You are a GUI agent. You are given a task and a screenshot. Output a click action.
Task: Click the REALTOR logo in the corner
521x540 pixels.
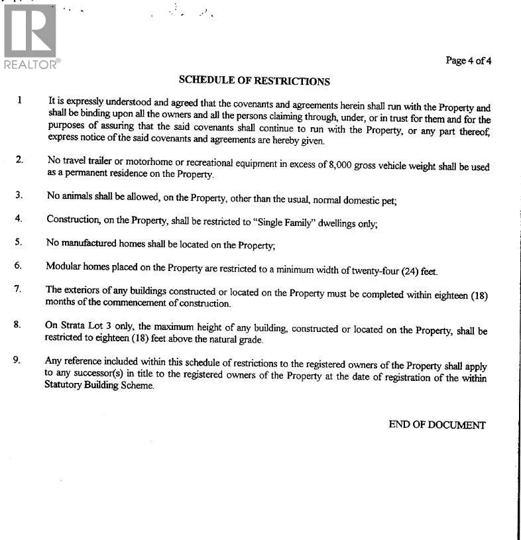click(x=30, y=36)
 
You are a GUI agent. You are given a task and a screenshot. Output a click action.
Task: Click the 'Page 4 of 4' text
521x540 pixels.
click(x=469, y=61)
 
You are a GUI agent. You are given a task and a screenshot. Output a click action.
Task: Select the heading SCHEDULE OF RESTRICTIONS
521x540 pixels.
click(x=254, y=81)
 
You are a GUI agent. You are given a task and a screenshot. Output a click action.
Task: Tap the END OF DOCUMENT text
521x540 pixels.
click(x=437, y=425)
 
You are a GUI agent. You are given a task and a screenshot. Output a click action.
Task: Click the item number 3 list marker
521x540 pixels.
click(x=19, y=195)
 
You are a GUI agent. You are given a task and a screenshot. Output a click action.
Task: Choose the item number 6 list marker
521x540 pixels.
click(x=19, y=266)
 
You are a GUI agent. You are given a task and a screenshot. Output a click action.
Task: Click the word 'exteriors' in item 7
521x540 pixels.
click(x=84, y=290)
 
